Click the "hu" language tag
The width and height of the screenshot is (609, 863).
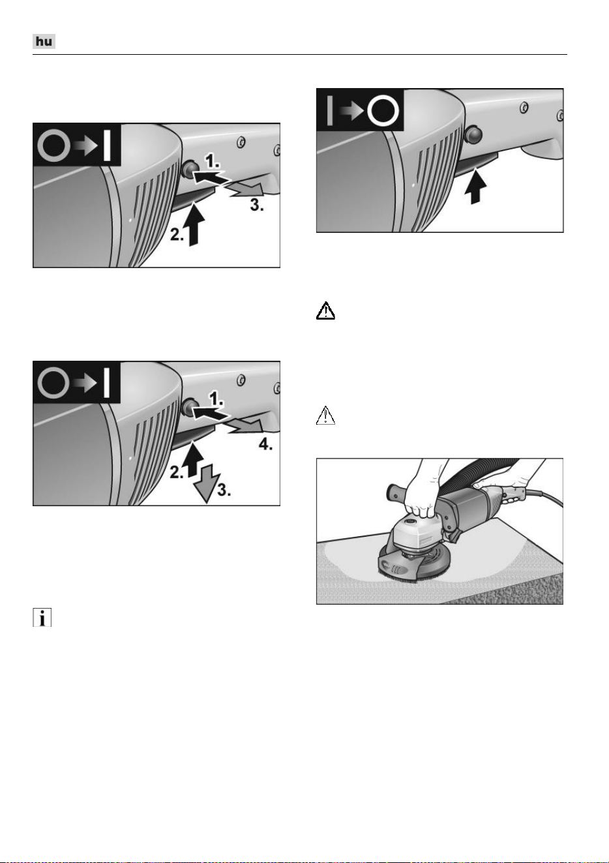click(x=44, y=41)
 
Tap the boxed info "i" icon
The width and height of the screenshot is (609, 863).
click(x=42, y=618)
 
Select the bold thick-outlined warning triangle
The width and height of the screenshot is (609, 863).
click(x=325, y=311)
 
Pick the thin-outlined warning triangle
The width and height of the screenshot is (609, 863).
click(x=325, y=415)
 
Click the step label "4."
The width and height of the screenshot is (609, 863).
click(x=265, y=445)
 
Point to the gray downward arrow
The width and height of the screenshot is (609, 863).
click(x=205, y=483)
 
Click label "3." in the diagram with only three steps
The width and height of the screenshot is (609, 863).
click(x=257, y=205)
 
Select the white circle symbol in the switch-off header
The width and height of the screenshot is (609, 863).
click(x=383, y=110)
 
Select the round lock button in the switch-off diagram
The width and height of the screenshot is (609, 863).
click(x=473, y=134)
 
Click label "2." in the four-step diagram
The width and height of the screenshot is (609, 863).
click(x=177, y=472)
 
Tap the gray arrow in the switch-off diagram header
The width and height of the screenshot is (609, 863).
click(x=351, y=111)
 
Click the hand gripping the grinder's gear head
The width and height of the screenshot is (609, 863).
click(x=422, y=497)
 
